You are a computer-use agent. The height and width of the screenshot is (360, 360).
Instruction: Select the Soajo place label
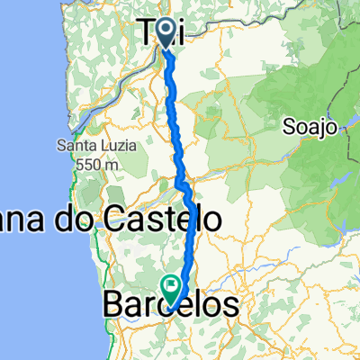(x=314, y=126)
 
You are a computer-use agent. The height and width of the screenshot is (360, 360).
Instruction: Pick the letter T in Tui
(x=151, y=32)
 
